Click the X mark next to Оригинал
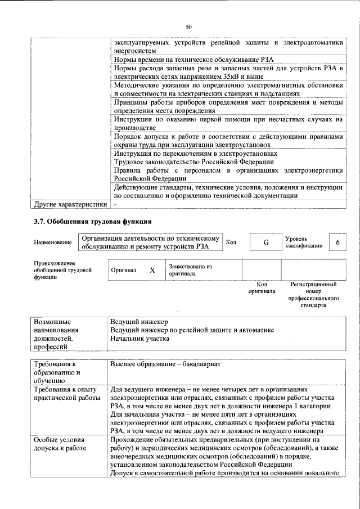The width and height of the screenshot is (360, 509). (x=152, y=270)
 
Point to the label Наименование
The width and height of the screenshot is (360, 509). (x=53, y=242)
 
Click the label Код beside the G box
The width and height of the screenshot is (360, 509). (x=231, y=242)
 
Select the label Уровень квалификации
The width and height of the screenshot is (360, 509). (x=304, y=242)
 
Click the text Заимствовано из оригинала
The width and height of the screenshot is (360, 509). (x=189, y=270)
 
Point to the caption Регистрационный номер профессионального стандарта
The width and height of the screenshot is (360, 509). (x=313, y=296)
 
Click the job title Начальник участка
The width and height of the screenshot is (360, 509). (x=139, y=339)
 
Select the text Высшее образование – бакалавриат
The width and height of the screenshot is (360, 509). (x=165, y=364)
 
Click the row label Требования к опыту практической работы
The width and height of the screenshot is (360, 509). (x=66, y=394)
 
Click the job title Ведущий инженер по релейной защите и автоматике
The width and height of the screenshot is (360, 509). (x=192, y=330)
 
